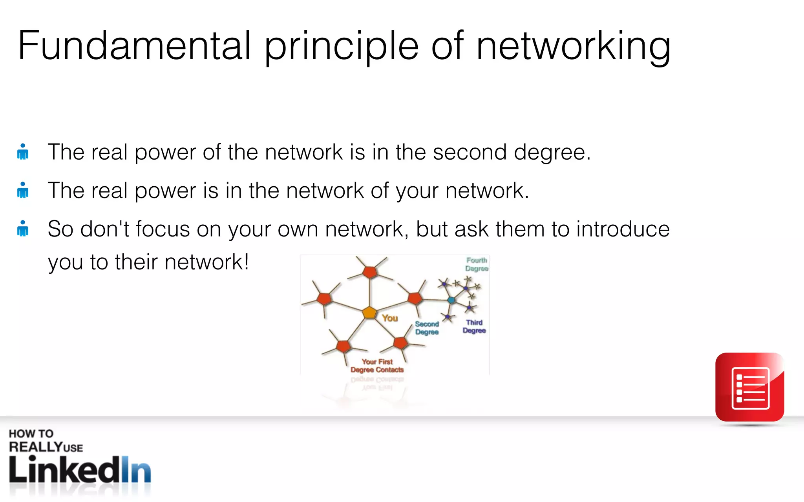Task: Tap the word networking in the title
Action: [x=573, y=46]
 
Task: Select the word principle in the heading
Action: [x=342, y=46]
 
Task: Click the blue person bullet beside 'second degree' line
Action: [x=23, y=152]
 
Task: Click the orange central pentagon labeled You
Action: [x=369, y=313]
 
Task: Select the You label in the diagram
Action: [x=390, y=318]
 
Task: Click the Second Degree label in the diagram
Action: [x=427, y=328]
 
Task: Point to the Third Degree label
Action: [x=474, y=326]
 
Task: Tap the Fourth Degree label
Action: [x=477, y=264]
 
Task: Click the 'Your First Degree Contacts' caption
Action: [x=377, y=366]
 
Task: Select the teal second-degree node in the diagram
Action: [x=451, y=300]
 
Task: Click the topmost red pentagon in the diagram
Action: [x=369, y=271]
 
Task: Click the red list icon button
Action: [x=750, y=387]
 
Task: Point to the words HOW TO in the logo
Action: [x=31, y=433]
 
